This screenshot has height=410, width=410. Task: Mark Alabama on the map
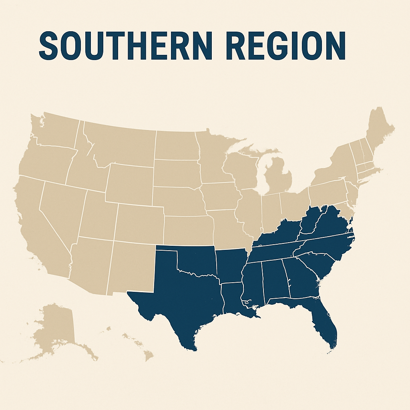(x=274, y=280)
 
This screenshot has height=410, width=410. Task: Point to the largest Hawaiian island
(x=149, y=355)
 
